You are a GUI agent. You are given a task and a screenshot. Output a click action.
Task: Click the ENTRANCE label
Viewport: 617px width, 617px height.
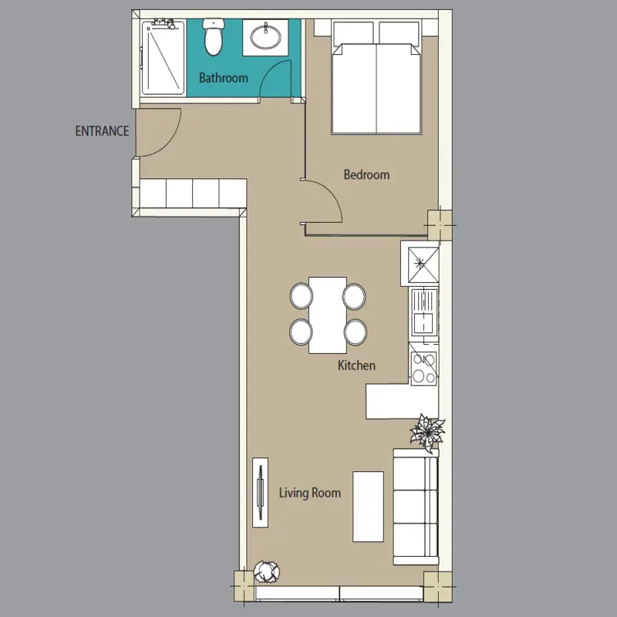click(x=102, y=130)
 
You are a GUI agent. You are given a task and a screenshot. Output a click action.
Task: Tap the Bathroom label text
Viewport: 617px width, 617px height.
click(x=223, y=78)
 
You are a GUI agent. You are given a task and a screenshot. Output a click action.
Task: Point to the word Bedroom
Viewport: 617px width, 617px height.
click(x=366, y=174)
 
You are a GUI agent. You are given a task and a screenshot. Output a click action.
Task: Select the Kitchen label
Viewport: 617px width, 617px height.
click(x=356, y=365)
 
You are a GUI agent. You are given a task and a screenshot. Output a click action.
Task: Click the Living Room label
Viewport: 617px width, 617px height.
click(x=310, y=493)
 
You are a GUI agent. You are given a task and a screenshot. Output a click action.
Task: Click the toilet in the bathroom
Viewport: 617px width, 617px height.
click(x=214, y=37)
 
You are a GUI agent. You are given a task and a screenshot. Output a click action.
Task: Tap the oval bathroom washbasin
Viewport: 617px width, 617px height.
click(x=266, y=37)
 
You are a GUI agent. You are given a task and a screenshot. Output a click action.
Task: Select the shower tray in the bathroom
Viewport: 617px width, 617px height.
click(x=163, y=59)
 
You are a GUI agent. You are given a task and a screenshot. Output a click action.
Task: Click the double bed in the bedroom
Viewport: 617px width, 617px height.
click(x=376, y=78)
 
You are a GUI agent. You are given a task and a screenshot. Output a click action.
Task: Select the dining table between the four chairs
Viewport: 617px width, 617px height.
click(x=328, y=315)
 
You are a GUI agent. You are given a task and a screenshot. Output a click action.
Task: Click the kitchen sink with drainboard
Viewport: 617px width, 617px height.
click(x=424, y=312)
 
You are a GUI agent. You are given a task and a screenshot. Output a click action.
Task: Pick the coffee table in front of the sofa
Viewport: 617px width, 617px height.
click(x=368, y=507)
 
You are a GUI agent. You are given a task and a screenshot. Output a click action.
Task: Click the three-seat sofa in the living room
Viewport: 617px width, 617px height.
click(x=416, y=507)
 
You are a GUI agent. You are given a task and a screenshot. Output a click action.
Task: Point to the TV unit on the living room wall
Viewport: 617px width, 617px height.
click(x=260, y=492)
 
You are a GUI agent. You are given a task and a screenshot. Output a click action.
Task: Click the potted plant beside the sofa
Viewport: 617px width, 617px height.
click(x=427, y=433)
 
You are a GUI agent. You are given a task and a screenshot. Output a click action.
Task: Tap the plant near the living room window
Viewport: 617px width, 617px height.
click(x=266, y=571)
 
